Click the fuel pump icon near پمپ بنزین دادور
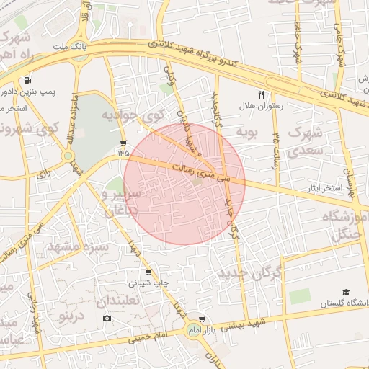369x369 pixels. click(x=27, y=80)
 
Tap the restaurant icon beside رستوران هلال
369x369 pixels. click(x=262, y=94)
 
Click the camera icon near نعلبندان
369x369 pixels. click(x=107, y=318)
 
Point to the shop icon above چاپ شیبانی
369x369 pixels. click(x=148, y=272)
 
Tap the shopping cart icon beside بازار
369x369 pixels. click(x=202, y=319)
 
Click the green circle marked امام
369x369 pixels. click(x=192, y=329)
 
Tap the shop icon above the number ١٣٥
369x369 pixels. click(x=123, y=143)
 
